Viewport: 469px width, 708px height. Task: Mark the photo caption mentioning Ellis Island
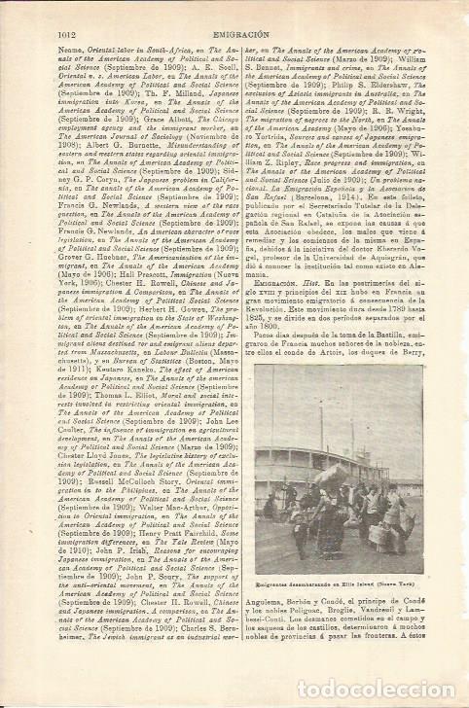346,596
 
